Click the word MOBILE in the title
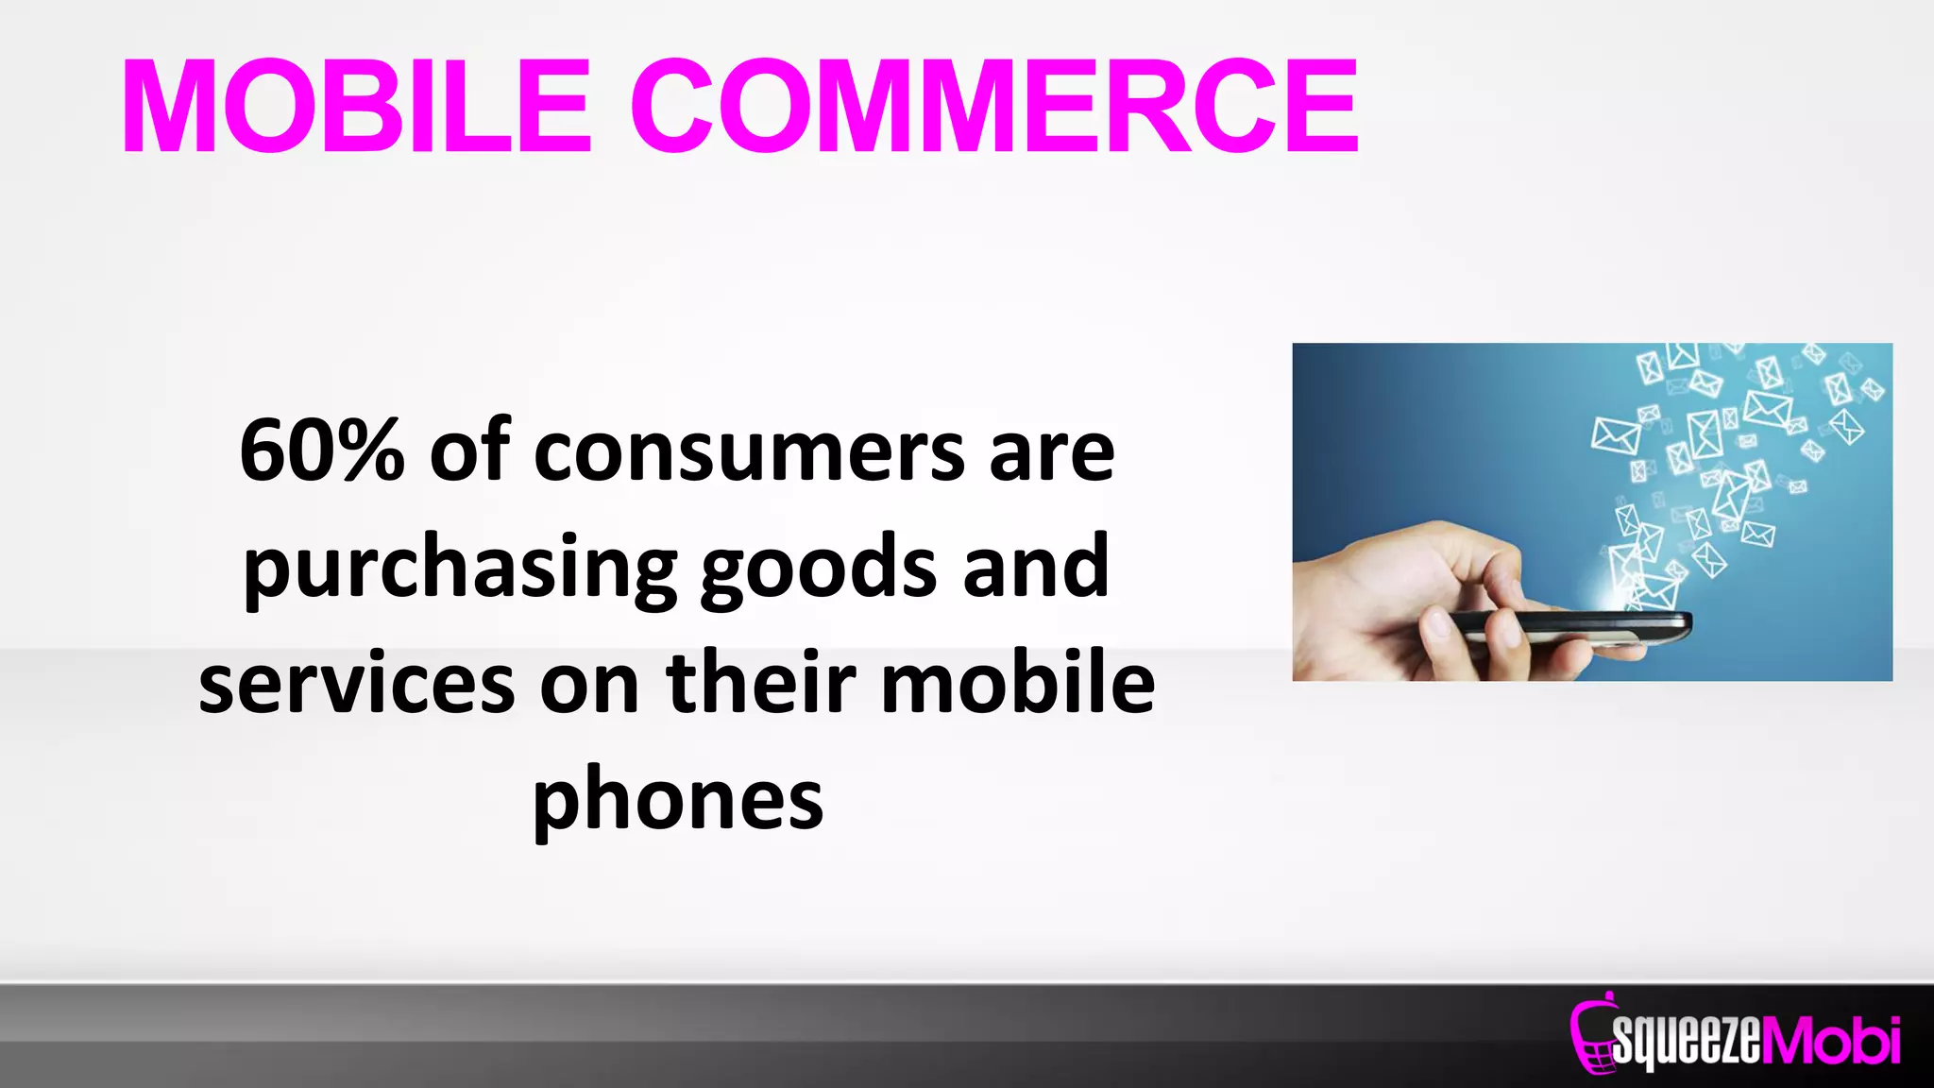pyautogui.click(x=357, y=106)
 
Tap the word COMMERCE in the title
pyautogui.click(x=995, y=106)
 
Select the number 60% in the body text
pyautogui.click(x=322, y=451)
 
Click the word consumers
pyautogui.click(x=749, y=453)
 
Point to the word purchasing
pyautogui.click(x=460, y=569)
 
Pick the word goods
pyautogui.click(x=819, y=569)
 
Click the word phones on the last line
pyautogui.click(x=678, y=801)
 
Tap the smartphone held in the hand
pyautogui.click(x=1568, y=625)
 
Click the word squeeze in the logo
pyautogui.click(x=1687, y=1041)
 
